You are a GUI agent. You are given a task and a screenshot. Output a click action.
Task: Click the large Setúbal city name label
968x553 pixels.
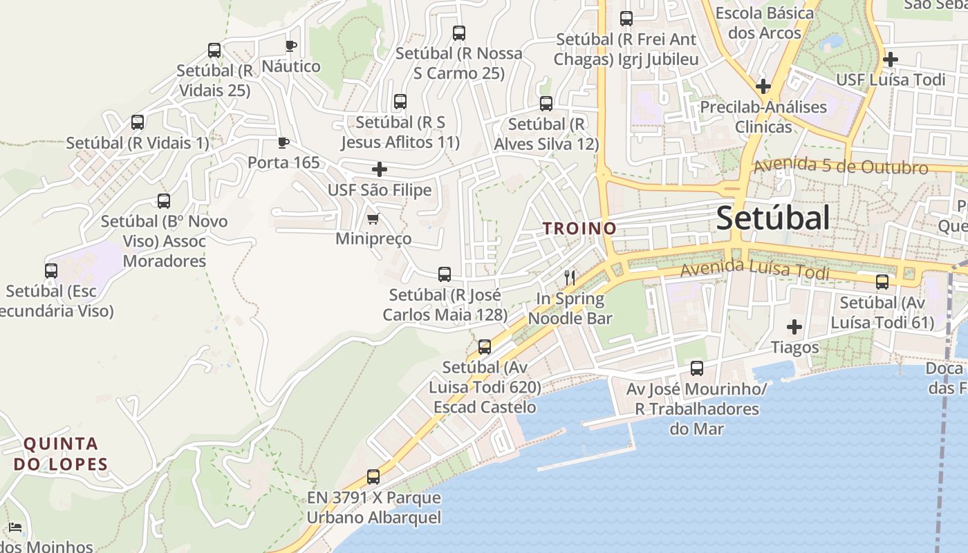(772, 218)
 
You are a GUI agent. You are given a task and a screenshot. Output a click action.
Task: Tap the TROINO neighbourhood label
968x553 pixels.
(579, 228)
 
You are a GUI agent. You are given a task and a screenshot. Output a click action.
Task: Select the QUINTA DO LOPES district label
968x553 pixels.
(61, 453)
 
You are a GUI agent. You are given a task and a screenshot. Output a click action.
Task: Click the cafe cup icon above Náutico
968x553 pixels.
(291, 46)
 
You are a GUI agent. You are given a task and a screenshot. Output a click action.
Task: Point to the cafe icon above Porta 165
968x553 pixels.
(283, 142)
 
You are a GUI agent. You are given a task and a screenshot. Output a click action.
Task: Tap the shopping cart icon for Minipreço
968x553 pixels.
(373, 219)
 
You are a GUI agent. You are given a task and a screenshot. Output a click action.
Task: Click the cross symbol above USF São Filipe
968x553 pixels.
(380, 169)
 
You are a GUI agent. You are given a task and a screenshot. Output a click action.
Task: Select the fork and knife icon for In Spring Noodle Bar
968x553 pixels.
(570, 278)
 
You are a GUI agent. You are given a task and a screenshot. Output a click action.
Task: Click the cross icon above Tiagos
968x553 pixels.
(794, 327)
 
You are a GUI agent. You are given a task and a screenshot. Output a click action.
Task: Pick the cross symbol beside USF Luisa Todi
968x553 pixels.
(891, 59)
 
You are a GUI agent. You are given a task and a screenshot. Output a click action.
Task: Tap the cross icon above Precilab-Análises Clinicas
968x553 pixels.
(763, 86)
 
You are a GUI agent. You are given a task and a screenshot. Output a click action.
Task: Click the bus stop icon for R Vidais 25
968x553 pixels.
(214, 50)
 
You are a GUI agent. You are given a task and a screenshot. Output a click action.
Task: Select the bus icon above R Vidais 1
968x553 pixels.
(138, 122)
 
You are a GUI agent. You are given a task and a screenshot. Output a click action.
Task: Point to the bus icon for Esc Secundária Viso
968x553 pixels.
(51, 271)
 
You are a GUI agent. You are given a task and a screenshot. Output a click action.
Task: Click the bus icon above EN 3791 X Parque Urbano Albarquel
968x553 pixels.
(373, 477)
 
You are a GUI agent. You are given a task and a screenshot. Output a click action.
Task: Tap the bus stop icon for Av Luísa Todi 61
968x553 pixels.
(882, 282)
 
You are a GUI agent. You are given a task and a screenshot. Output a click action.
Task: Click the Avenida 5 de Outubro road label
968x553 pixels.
(841, 167)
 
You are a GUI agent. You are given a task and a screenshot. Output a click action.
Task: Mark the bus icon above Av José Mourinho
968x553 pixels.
(697, 368)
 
